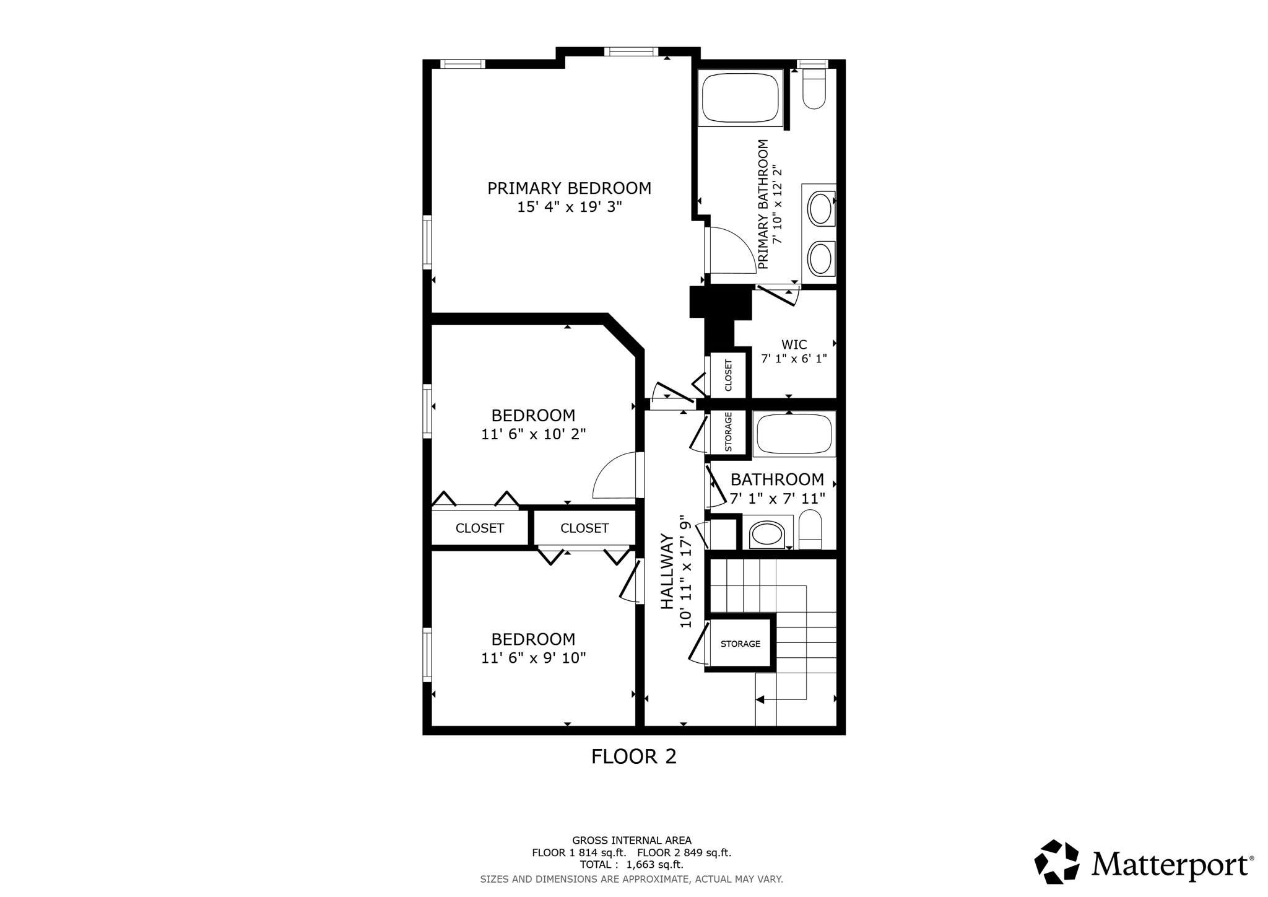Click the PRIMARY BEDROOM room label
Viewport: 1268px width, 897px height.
pos(569,188)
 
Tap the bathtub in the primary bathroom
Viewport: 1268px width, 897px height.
pos(740,98)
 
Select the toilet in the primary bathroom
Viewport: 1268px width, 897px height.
pos(814,89)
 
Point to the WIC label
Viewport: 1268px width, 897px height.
pos(794,344)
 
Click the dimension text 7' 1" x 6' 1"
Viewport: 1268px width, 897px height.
pos(794,359)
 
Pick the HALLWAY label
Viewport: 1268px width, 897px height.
pos(667,571)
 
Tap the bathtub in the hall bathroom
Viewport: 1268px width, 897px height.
pos(794,434)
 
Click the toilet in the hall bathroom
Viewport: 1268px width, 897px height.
pos(810,530)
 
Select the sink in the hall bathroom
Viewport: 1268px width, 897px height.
pos(766,534)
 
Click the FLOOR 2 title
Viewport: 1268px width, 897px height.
pos(634,756)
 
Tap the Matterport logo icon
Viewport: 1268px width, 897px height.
pos(1057,862)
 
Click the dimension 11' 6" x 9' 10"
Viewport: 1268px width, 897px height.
pos(533,658)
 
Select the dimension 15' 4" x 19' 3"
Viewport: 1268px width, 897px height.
pos(569,207)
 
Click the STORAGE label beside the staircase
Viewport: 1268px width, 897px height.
pos(740,644)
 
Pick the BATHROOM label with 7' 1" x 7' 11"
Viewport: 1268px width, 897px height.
pos(777,479)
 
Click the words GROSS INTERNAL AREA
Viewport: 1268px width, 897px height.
pos(632,841)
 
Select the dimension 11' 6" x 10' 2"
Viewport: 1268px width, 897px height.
pos(533,434)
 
